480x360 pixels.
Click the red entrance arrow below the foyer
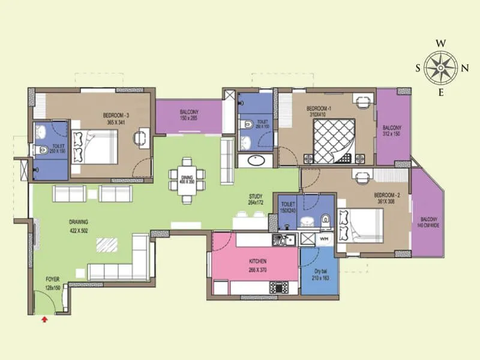44,320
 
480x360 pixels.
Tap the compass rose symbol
441,67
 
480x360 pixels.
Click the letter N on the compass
464,67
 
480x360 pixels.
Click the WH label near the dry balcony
323,239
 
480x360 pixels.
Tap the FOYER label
53,283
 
